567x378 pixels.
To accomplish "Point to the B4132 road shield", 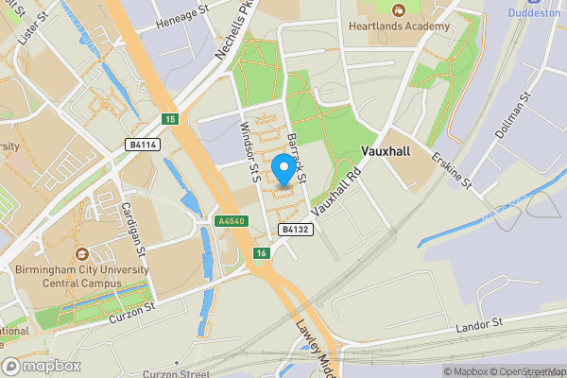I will click(x=294, y=230).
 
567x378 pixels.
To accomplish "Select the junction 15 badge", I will click(x=170, y=118).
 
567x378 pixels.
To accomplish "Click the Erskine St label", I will click(x=451, y=170).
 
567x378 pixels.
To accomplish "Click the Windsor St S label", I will click(x=249, y=152).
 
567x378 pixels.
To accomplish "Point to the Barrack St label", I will click(x=299, y=157).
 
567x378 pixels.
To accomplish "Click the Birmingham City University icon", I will click(x=82, y=253).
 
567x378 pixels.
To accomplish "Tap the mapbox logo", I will click(x=42, y=366).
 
